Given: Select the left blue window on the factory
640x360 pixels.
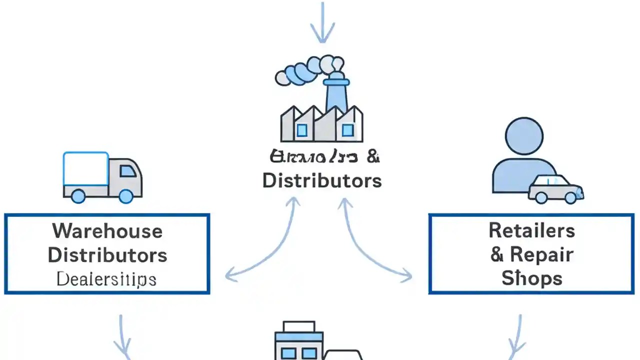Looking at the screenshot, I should (x=301, y=130).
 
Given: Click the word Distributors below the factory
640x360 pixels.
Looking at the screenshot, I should (x=322, y=180).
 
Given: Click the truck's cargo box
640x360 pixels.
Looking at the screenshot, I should (x=85, y=168).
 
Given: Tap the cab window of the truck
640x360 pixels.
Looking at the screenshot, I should (x=127, y=171).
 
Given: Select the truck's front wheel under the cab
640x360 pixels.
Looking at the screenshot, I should (x=125, y=196).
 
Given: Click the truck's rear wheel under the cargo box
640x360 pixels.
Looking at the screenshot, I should (x=78, y=196).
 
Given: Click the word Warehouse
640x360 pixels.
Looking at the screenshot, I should (x=107, y=231).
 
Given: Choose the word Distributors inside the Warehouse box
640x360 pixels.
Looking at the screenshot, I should (x=107, y=255).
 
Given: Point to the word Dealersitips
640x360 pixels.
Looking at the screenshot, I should (x=106, y=279).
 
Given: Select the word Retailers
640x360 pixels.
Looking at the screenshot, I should (x=531, y=230).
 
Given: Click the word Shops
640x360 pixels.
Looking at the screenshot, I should (x=531, y=278).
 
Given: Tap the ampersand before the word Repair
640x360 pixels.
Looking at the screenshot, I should (x=496, y=254).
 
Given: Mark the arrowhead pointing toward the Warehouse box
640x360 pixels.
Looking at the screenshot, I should (x=231, y=274).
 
